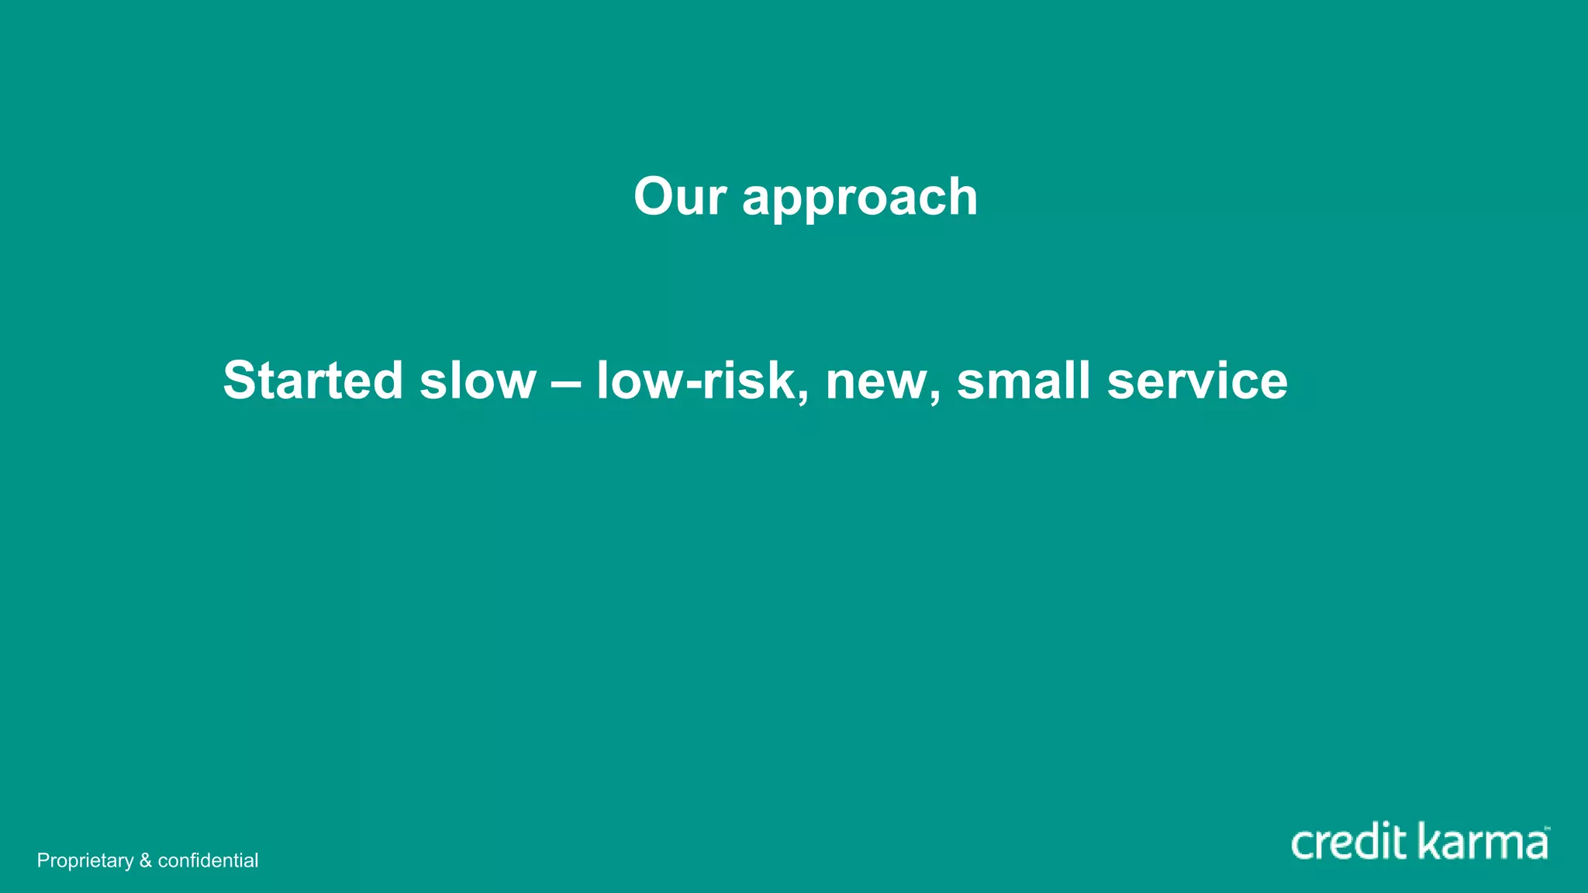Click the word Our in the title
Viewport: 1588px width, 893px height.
(679, 196)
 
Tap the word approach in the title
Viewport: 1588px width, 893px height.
(860, 199)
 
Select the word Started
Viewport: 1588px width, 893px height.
(312, 381)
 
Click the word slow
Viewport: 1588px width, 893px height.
(478, 381)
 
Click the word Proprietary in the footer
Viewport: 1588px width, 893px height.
(85, 861)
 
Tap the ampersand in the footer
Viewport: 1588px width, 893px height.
(146, 860)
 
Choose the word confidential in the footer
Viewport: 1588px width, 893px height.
(208, 860)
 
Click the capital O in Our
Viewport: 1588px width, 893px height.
(653, 196)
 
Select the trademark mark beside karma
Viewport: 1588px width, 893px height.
(1547, 829)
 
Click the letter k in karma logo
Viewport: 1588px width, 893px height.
(1428, 841)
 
